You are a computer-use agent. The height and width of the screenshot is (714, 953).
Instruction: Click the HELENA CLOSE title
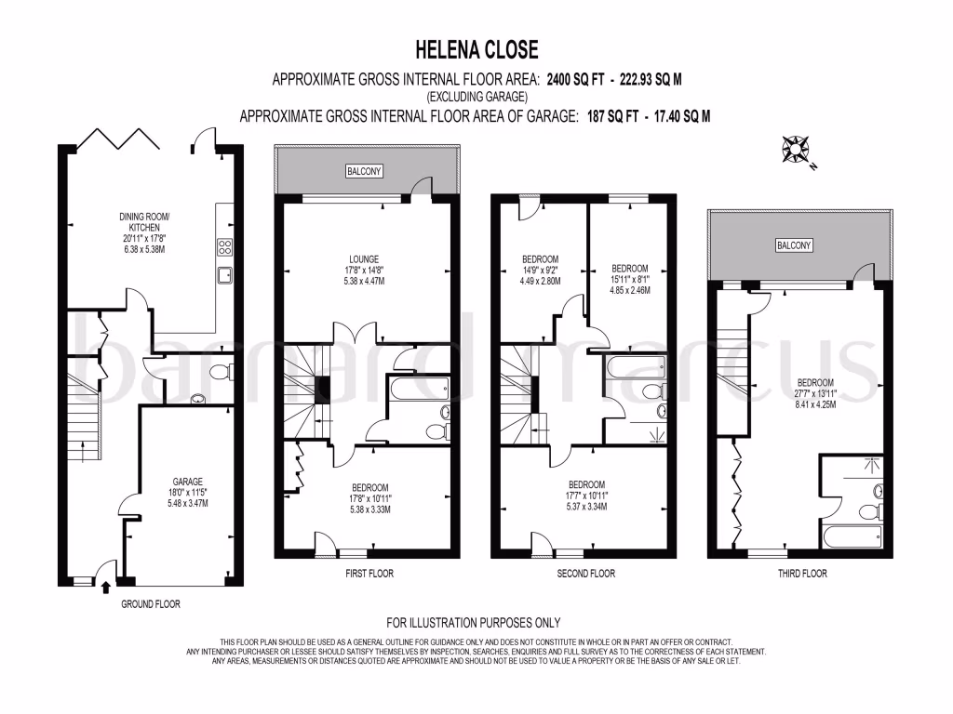476,48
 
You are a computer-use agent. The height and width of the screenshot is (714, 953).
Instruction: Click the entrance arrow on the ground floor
104,586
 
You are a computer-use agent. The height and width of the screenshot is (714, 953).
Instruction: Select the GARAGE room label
187,482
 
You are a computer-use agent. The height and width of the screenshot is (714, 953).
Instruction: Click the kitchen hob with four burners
225,246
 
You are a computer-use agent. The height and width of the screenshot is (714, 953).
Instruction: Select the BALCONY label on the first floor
365,172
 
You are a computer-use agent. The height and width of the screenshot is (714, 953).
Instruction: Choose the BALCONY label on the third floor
794,245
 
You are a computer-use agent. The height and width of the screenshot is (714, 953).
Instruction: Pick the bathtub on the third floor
852,537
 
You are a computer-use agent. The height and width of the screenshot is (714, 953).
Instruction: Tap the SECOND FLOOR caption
585,574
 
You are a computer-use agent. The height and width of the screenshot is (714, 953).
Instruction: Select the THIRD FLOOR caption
801,574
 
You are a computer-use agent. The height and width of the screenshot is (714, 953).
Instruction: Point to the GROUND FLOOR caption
151,603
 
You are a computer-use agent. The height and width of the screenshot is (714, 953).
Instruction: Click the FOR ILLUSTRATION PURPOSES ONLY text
474,623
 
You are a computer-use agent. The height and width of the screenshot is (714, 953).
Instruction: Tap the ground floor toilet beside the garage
219,372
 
